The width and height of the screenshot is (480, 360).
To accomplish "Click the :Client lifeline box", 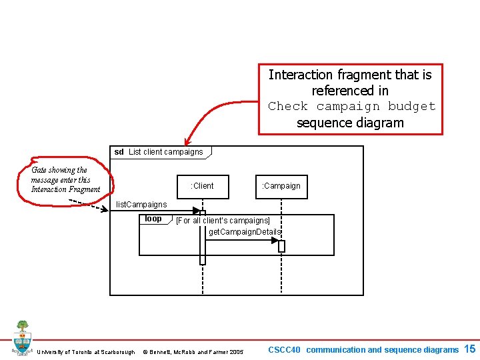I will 202,186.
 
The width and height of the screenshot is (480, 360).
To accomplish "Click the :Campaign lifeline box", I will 281,186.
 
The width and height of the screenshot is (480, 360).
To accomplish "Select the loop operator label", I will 153,219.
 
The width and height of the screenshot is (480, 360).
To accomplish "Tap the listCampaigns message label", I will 141,204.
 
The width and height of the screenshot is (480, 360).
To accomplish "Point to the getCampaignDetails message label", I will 245,232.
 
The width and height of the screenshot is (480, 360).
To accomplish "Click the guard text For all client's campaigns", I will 223,221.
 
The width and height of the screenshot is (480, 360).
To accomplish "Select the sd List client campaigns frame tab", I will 159,152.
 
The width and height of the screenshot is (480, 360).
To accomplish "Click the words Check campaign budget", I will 351,107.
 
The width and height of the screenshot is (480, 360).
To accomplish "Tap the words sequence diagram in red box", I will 350,123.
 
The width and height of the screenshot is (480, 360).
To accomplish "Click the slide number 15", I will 469,349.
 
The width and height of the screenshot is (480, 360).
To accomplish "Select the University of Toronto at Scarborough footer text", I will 86,352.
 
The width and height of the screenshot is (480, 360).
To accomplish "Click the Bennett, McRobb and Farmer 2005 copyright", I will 193,352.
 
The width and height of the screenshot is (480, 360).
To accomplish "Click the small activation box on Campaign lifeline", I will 281,246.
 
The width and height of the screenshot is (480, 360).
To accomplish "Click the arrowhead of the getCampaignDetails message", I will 275,240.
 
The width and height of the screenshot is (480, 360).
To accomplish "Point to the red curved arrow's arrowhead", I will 187,139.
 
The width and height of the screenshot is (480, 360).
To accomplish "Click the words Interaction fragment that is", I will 350,75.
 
